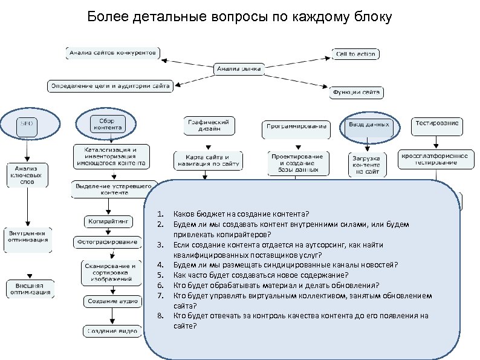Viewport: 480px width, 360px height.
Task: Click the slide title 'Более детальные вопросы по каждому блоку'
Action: click(239, 16)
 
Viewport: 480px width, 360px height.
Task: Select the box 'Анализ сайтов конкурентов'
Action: click(113, 53)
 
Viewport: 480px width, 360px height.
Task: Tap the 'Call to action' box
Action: click(355, 54)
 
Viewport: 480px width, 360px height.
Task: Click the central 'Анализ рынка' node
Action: click(238, 69)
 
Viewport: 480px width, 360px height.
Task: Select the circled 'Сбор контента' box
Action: click(106, 124)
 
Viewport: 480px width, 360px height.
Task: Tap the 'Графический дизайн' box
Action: click(209, 125)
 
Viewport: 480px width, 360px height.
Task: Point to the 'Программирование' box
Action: click(296, 127)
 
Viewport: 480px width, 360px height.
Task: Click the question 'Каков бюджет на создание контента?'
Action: click(241, 214)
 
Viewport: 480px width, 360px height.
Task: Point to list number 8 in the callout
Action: click(160, 315)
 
